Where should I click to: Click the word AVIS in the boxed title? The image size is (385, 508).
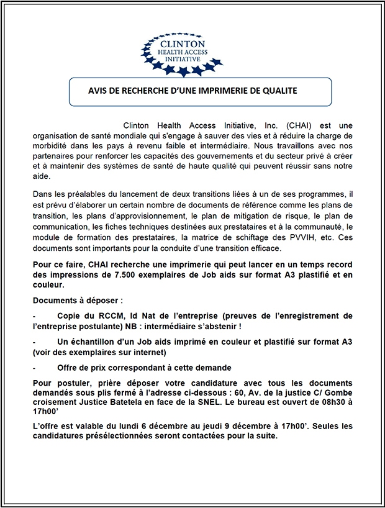(x=99, y=91)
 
